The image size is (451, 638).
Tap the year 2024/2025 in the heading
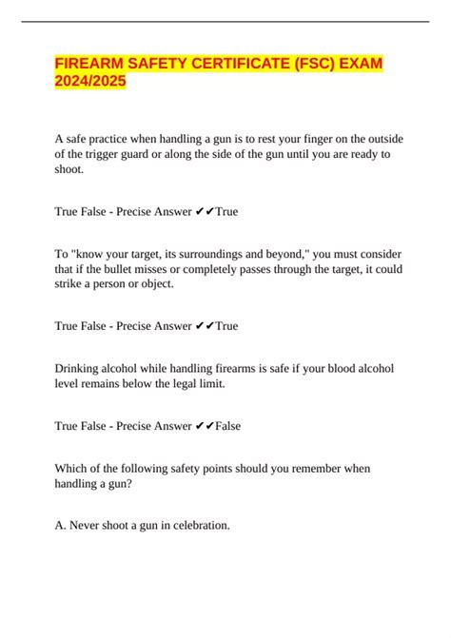90,85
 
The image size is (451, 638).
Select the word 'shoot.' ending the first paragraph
71,170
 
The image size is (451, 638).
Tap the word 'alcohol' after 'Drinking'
133,369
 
